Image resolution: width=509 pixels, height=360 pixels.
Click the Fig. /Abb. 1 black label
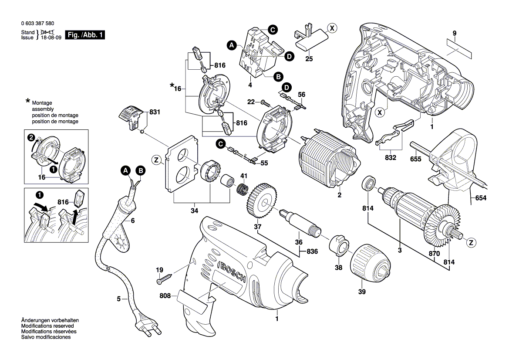click(x=84, y=35)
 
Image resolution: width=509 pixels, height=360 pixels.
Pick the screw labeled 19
click(x=166, y=277)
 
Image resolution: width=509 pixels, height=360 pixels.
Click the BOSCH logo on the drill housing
click(x=230, y=272)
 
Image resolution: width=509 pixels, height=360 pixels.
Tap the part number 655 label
click(x=415, y=159)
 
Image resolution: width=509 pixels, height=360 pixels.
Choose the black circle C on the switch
click(x=272, y=30)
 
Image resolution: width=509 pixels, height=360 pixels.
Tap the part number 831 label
click(x=155, y=112)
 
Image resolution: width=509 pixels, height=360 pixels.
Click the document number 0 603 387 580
click(x=37, y=24)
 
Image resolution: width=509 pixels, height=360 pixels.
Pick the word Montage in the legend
click(x=42, y=102)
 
